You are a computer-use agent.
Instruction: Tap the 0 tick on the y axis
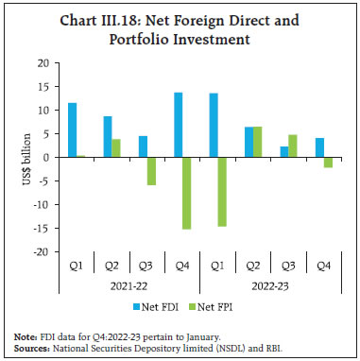point(45,157)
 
